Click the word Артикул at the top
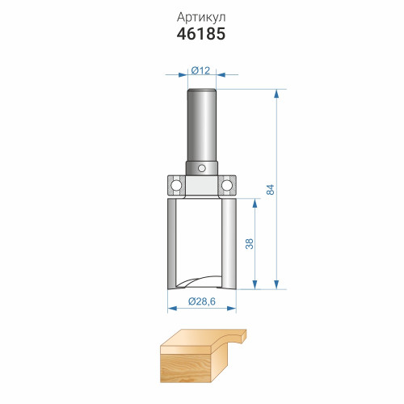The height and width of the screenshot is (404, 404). pos(201,18)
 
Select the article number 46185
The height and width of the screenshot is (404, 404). pos(201,34)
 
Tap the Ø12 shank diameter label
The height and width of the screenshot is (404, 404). pos(200,70)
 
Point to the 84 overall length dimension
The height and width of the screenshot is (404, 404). pos(270,189)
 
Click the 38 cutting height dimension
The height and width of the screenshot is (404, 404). pos(250,244)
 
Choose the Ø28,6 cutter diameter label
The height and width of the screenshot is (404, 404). pos(202,301)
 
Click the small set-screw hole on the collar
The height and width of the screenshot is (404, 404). pos(202,168)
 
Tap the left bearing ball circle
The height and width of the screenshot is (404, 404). pos(176,185)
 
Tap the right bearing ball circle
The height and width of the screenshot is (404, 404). pos(227,185)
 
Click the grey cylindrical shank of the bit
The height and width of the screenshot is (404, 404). pos(202,125)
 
